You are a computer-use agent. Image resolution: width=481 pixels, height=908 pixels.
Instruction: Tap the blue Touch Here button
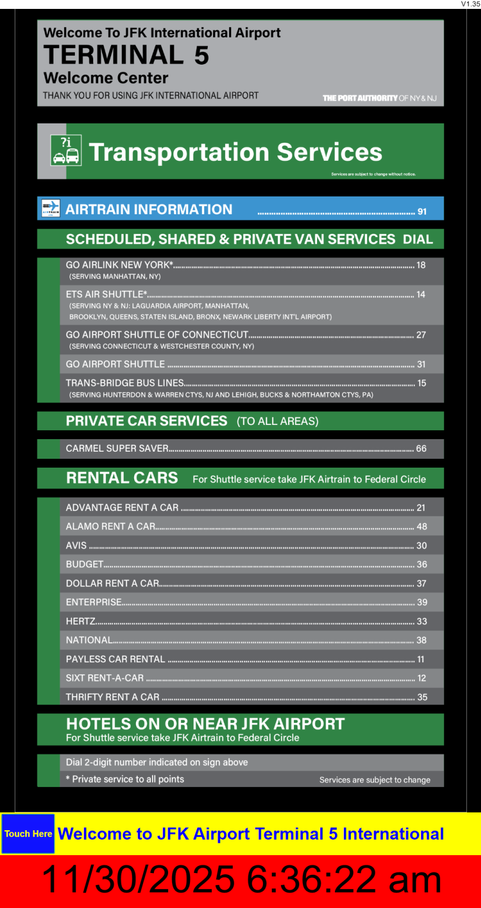[x=28, y=834]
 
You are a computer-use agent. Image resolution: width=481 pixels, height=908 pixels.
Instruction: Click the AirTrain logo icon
[x=51, y=208]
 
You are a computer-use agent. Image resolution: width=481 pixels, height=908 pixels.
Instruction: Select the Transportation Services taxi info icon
[x=66, y=150]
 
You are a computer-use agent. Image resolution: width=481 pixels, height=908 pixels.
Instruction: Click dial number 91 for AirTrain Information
[x=422, y=211]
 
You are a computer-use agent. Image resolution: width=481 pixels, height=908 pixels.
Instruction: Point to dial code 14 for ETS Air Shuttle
[x=421, y=294]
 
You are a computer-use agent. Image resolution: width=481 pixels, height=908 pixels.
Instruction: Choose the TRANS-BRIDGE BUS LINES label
[x=125, y=383]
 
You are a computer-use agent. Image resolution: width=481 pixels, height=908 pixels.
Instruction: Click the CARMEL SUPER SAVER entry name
[x=117, y=449]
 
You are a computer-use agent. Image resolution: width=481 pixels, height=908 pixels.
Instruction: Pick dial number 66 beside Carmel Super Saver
[x=421, y=449]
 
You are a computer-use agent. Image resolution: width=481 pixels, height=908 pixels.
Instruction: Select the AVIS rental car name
[x=76, y=545]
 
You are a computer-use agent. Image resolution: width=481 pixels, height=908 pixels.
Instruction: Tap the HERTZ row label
[x=81, y=621]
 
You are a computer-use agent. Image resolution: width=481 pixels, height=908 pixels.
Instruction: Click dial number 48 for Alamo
[x=422, y=526]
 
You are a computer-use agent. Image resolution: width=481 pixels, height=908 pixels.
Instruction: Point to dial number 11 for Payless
[x=421, y=659]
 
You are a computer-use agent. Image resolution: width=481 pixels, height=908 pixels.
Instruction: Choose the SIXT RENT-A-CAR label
[x=105, y=678]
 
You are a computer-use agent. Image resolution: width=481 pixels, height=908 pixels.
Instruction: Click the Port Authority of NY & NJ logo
[x=379, y=98]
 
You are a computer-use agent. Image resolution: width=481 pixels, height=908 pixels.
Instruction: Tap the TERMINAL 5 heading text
[x=126, y=55]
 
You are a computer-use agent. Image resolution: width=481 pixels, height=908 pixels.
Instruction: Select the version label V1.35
[x=470, y=4]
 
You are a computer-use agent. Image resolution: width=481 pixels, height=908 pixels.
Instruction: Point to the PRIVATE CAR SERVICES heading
[x=147, y=421]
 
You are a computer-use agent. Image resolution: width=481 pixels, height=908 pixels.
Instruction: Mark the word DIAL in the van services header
[x=418, y=239]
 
